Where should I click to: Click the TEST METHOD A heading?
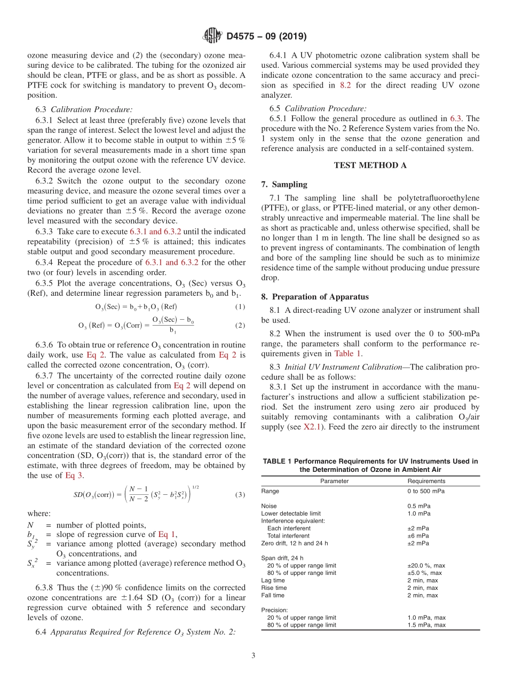[370, 165]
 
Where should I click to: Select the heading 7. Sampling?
[284, 185]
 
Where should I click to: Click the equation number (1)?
[240, 307]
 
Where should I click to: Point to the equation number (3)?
[240, 495]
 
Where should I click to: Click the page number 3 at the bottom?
[253, 655]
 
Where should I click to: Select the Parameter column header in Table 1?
[334, 481]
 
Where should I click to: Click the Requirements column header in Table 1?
[426, 481]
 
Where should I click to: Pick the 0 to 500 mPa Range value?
[426, 491]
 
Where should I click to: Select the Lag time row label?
[273, 580]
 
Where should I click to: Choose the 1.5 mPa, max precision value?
[426, 625]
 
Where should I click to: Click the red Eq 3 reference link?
[74, 475]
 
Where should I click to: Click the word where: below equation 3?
[39, 514]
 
